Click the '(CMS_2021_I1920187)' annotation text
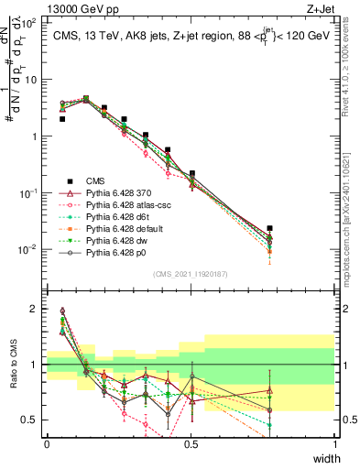[x=190, y=273]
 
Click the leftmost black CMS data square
[x=62, y=119]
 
